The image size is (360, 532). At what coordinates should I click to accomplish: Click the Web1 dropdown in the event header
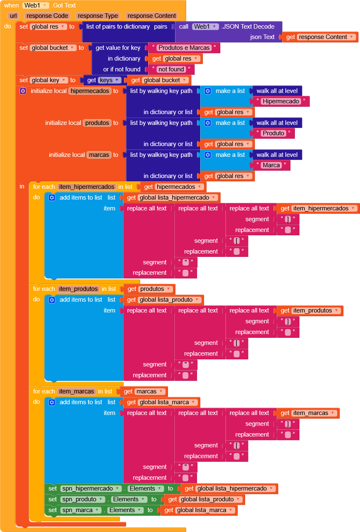coord(36,5)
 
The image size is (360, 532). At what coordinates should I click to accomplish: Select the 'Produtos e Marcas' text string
coord(184,48)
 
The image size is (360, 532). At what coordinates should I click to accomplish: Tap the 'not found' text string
coord(171,69)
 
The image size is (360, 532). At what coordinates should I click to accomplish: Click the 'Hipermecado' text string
coord(281,101)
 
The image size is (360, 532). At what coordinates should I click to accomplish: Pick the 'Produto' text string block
coord(273,133)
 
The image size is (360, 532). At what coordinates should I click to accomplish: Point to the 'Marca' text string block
coord(271,165)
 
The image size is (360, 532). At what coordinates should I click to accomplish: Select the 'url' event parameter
coord(13,16)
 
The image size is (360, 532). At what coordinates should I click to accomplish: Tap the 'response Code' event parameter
coord(48,16)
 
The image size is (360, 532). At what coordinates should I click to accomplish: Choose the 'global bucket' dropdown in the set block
coord(54,48)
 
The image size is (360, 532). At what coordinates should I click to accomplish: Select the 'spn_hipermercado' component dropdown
coord(90,488)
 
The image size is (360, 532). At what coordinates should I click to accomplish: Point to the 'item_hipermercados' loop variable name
coord(87,187)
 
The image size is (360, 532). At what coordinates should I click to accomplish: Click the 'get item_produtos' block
coord(310,310)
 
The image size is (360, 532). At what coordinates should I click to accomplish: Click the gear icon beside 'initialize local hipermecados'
coord(23,91)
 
